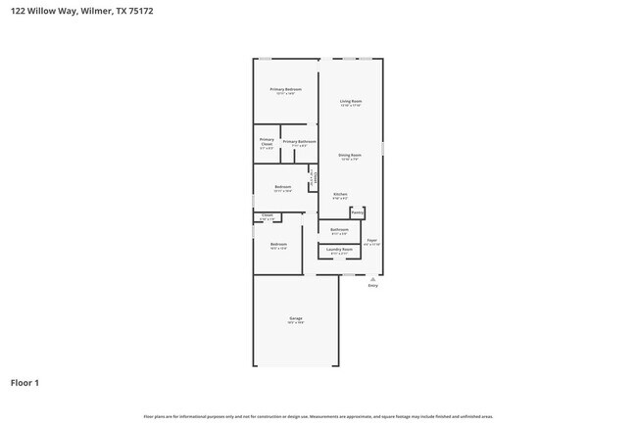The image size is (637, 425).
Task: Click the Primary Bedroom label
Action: pos(285,89)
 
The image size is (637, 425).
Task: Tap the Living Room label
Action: pos(351,101)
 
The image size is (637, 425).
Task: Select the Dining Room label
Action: pos(350,155)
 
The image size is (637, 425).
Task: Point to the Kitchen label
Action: pos(340,194)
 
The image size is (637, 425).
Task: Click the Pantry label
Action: pos(358,212)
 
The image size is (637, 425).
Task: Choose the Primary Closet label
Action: pos(267,142)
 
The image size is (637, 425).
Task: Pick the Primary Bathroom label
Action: pos(299,142)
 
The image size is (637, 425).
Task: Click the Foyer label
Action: pos(371,239)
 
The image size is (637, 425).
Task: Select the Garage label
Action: pos(295,318)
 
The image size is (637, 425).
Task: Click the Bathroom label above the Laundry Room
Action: pos(339,230)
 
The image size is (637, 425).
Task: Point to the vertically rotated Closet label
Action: pos(314,179)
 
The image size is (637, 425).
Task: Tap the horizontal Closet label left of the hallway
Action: pos(267,215)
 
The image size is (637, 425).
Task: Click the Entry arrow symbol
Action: pos(372,278)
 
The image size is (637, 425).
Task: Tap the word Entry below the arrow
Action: pos(372,286)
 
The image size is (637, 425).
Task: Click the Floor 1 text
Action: pos(24,382)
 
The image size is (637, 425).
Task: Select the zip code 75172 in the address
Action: pos(139,11)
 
